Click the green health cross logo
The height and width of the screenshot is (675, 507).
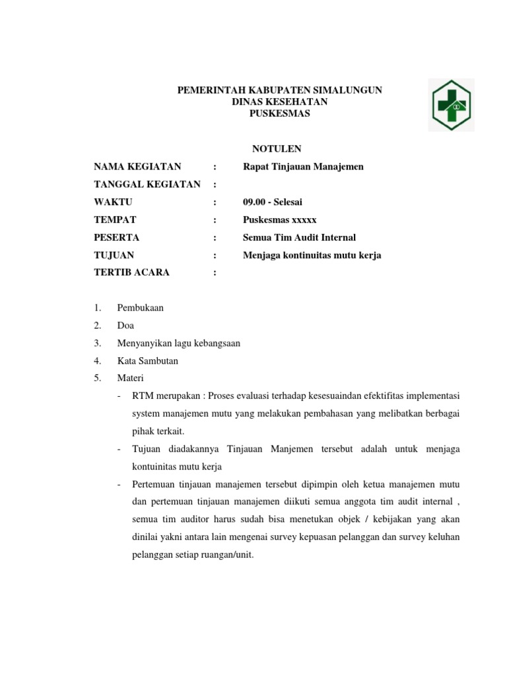451,105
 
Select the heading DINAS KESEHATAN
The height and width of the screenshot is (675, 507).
280,102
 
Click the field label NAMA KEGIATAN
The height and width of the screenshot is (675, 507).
137,167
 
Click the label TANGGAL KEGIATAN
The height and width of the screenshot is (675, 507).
147,185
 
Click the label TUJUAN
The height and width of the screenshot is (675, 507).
114,255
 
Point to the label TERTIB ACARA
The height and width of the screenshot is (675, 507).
131,272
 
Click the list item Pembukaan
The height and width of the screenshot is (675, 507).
141,308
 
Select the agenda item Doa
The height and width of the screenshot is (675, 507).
125,326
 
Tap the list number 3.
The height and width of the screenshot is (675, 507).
97,343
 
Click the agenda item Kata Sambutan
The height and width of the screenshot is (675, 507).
148,361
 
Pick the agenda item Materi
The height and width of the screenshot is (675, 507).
130,378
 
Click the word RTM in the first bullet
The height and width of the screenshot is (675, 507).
142,396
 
